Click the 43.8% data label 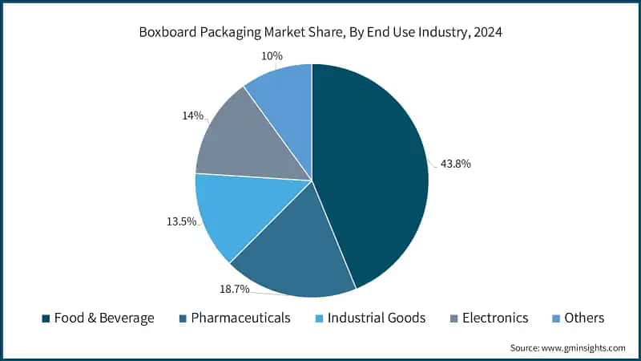pyautogui.click(x=455, y=164)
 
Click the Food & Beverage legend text pyautogui.click(x=105, y=318)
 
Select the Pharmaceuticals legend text pyautogui.click(x=241, y=318)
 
